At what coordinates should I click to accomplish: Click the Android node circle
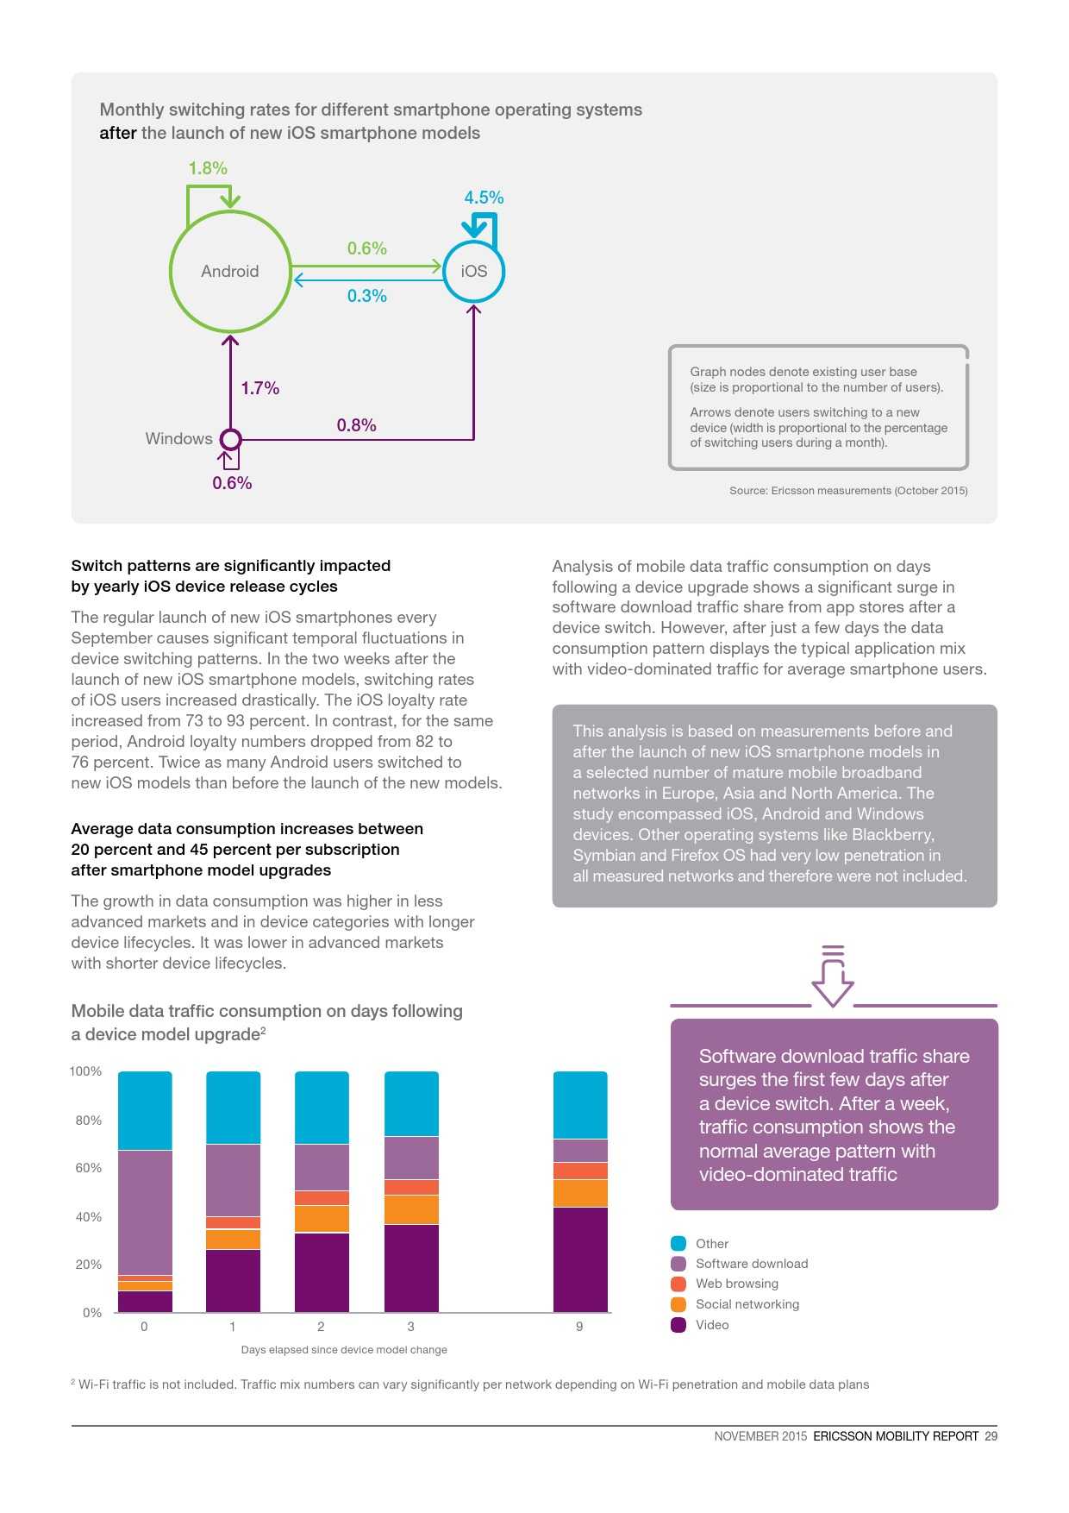coord(230,271)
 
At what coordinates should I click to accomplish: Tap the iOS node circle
coord(473,271)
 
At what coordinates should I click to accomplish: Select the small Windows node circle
coord(230,439)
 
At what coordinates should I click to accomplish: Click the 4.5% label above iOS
coord(484,198)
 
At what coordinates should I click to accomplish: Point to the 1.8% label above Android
coord(208,168)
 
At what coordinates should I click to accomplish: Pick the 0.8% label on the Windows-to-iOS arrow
coord(356,425)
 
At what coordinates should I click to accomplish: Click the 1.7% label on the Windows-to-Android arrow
coord(259,388)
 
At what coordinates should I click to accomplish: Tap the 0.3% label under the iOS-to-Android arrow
coord(366,296)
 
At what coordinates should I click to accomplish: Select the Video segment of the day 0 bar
coord(145,1301)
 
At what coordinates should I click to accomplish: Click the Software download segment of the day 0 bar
coord(145,1212)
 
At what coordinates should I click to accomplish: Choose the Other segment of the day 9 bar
coord(580,1104)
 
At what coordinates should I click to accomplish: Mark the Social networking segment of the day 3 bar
coord(411,1209)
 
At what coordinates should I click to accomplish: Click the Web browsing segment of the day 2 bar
coord(322,1197)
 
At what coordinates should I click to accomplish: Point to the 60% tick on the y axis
coord(89,1168)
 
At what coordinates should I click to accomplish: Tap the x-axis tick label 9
coord(579,1327)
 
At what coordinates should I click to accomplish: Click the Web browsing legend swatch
coord(678,1284)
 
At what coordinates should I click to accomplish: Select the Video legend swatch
coord(678,1325)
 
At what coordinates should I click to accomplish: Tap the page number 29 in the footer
coord(991,1436)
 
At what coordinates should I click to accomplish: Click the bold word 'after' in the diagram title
coord(117,133)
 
